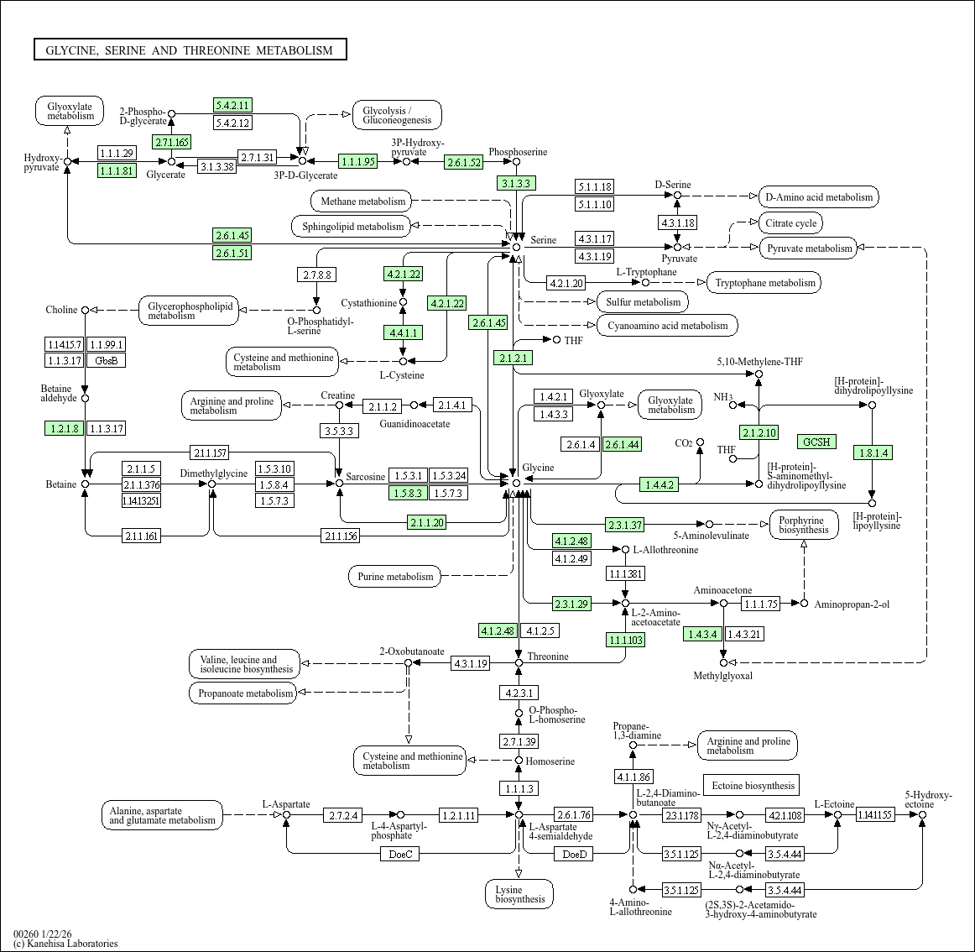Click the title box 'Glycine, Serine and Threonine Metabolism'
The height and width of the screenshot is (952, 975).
point(190,50)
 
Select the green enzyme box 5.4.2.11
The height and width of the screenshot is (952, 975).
point(232,105)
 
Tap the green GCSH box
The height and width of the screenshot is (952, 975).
point(816,442)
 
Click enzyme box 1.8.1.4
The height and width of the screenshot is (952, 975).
point(873,453)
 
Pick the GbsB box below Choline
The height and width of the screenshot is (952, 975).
point(106,360)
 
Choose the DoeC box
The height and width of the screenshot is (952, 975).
point(400,855)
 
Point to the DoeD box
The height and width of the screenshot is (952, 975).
point(574,855)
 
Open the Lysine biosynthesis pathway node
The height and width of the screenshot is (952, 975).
point(519,894)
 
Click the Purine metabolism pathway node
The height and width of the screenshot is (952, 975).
point(395,576)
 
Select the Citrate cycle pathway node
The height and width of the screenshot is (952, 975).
point(791,223)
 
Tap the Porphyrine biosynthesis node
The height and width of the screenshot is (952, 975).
point(804,526)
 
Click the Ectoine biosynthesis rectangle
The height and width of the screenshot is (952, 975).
point(752,785)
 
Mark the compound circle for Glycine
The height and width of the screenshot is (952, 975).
point(516,483)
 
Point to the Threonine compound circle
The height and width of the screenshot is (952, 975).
point(519,663)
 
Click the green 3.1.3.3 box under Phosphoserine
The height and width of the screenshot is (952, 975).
point(516,183)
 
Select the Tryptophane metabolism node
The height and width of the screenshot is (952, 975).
point(764,282)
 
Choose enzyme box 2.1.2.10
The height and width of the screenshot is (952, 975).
point(759,432)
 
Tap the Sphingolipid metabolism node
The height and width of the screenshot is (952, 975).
point(352,226)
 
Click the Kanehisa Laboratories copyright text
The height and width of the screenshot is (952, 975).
point(65,944)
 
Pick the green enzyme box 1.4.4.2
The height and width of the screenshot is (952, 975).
point(660,484)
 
